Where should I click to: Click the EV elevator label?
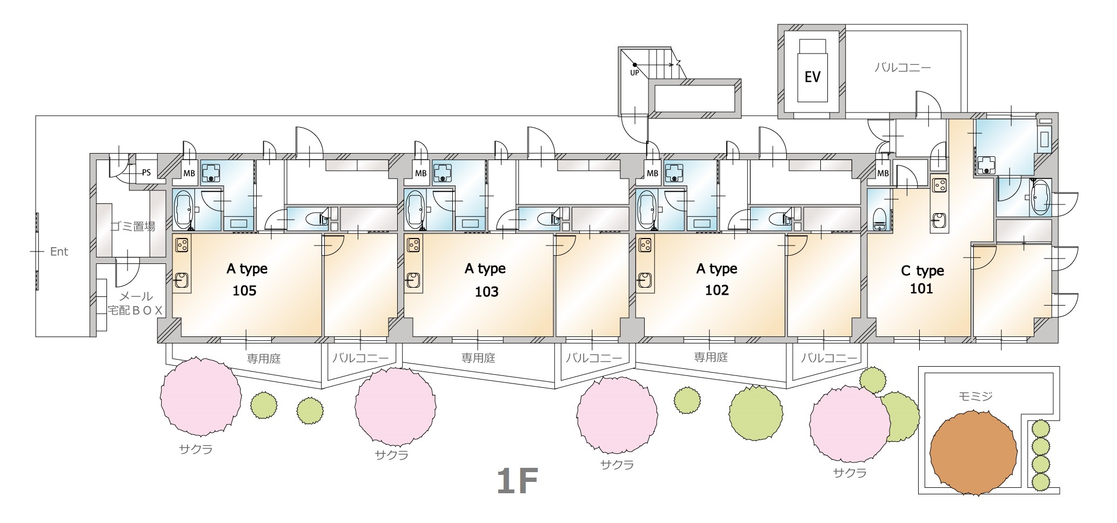pos(812,77)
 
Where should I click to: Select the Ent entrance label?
pos(59,251)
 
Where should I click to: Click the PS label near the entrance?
pos(146,173)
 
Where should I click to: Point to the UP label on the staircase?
pos(634,72)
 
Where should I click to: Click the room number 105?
pos(244,291)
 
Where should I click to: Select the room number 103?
pos(486,292)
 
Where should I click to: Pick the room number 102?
pos(717,290)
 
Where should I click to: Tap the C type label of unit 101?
pos(922,270)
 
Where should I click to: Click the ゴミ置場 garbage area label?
pos(132,227)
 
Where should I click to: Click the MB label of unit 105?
pos(189,174)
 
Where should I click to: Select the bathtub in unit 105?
pos(184,209)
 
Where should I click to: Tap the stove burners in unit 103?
pos(413,246)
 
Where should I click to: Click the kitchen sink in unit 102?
pos(645,280)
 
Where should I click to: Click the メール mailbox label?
pos(136,296)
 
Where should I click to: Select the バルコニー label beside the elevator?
pos(902,68)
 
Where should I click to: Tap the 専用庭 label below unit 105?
pos(264,358)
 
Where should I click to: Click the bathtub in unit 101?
pos(1039,197)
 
